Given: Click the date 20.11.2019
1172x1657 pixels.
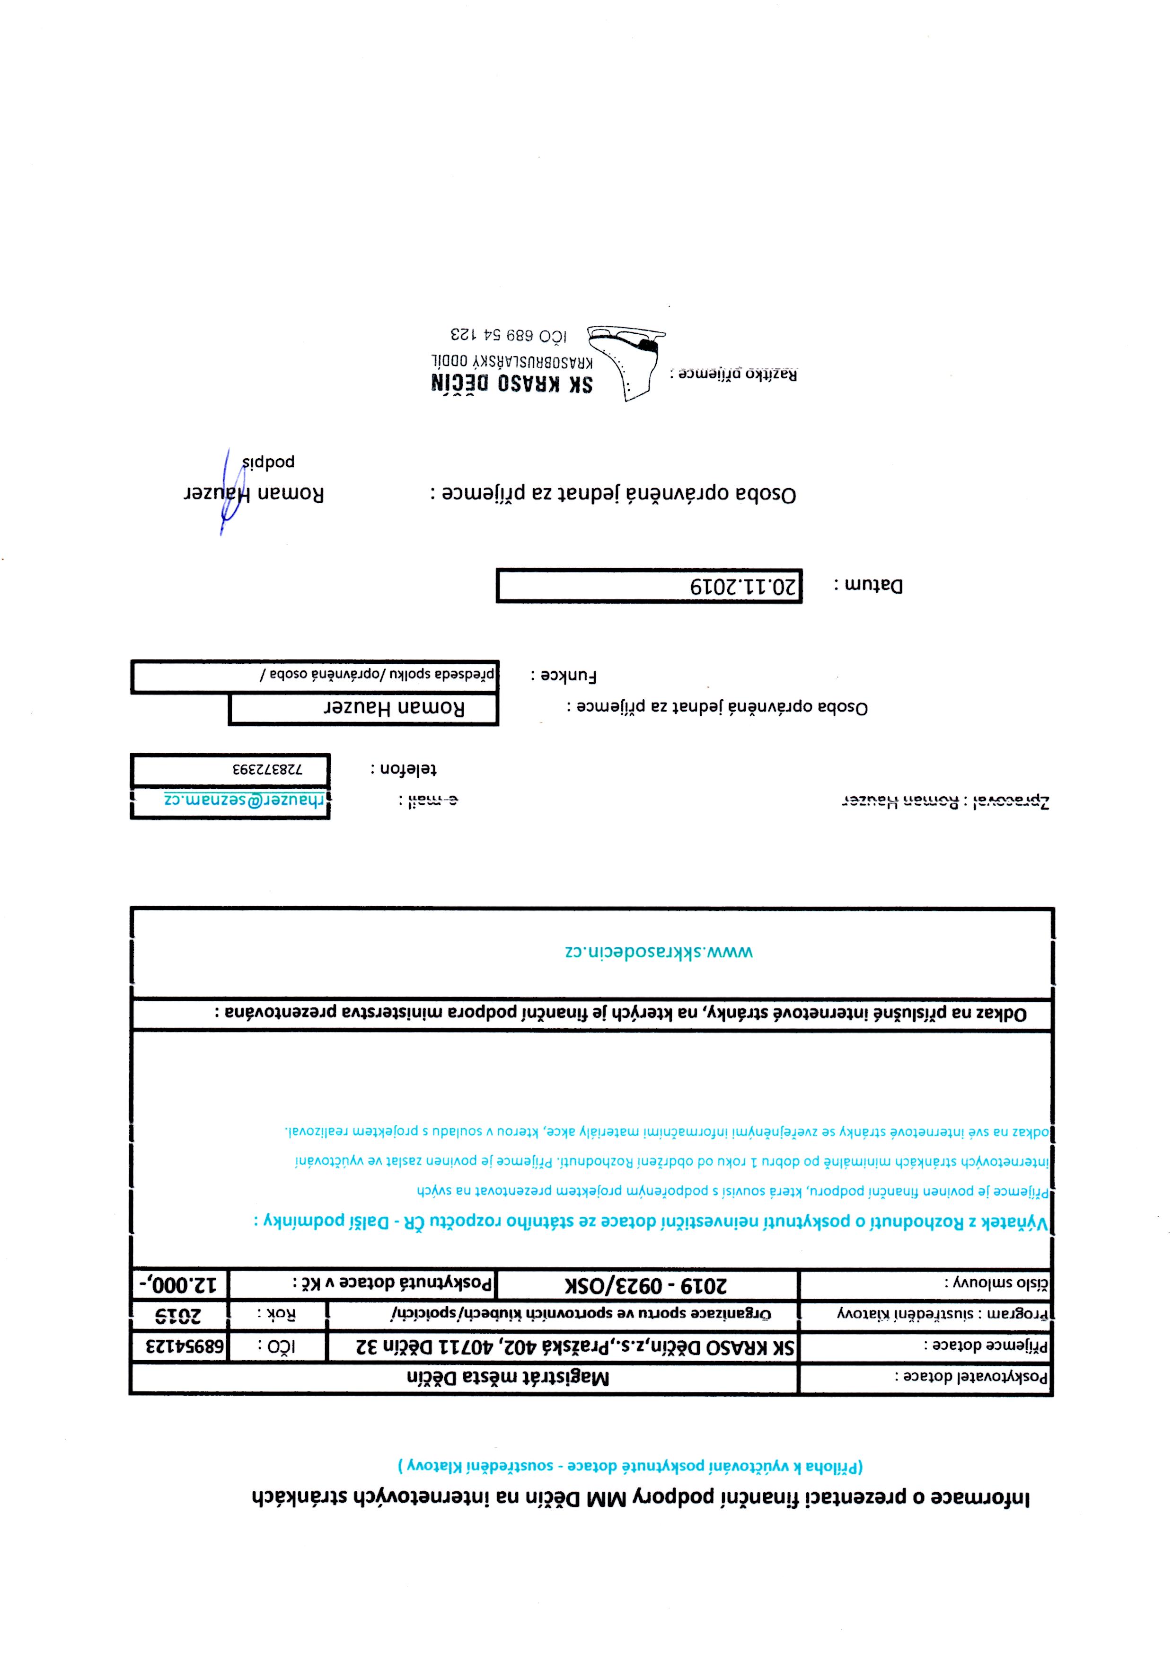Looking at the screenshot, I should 743,586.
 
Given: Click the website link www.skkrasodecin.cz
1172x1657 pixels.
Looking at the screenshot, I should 658,952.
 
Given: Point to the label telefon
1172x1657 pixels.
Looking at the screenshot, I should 404,769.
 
